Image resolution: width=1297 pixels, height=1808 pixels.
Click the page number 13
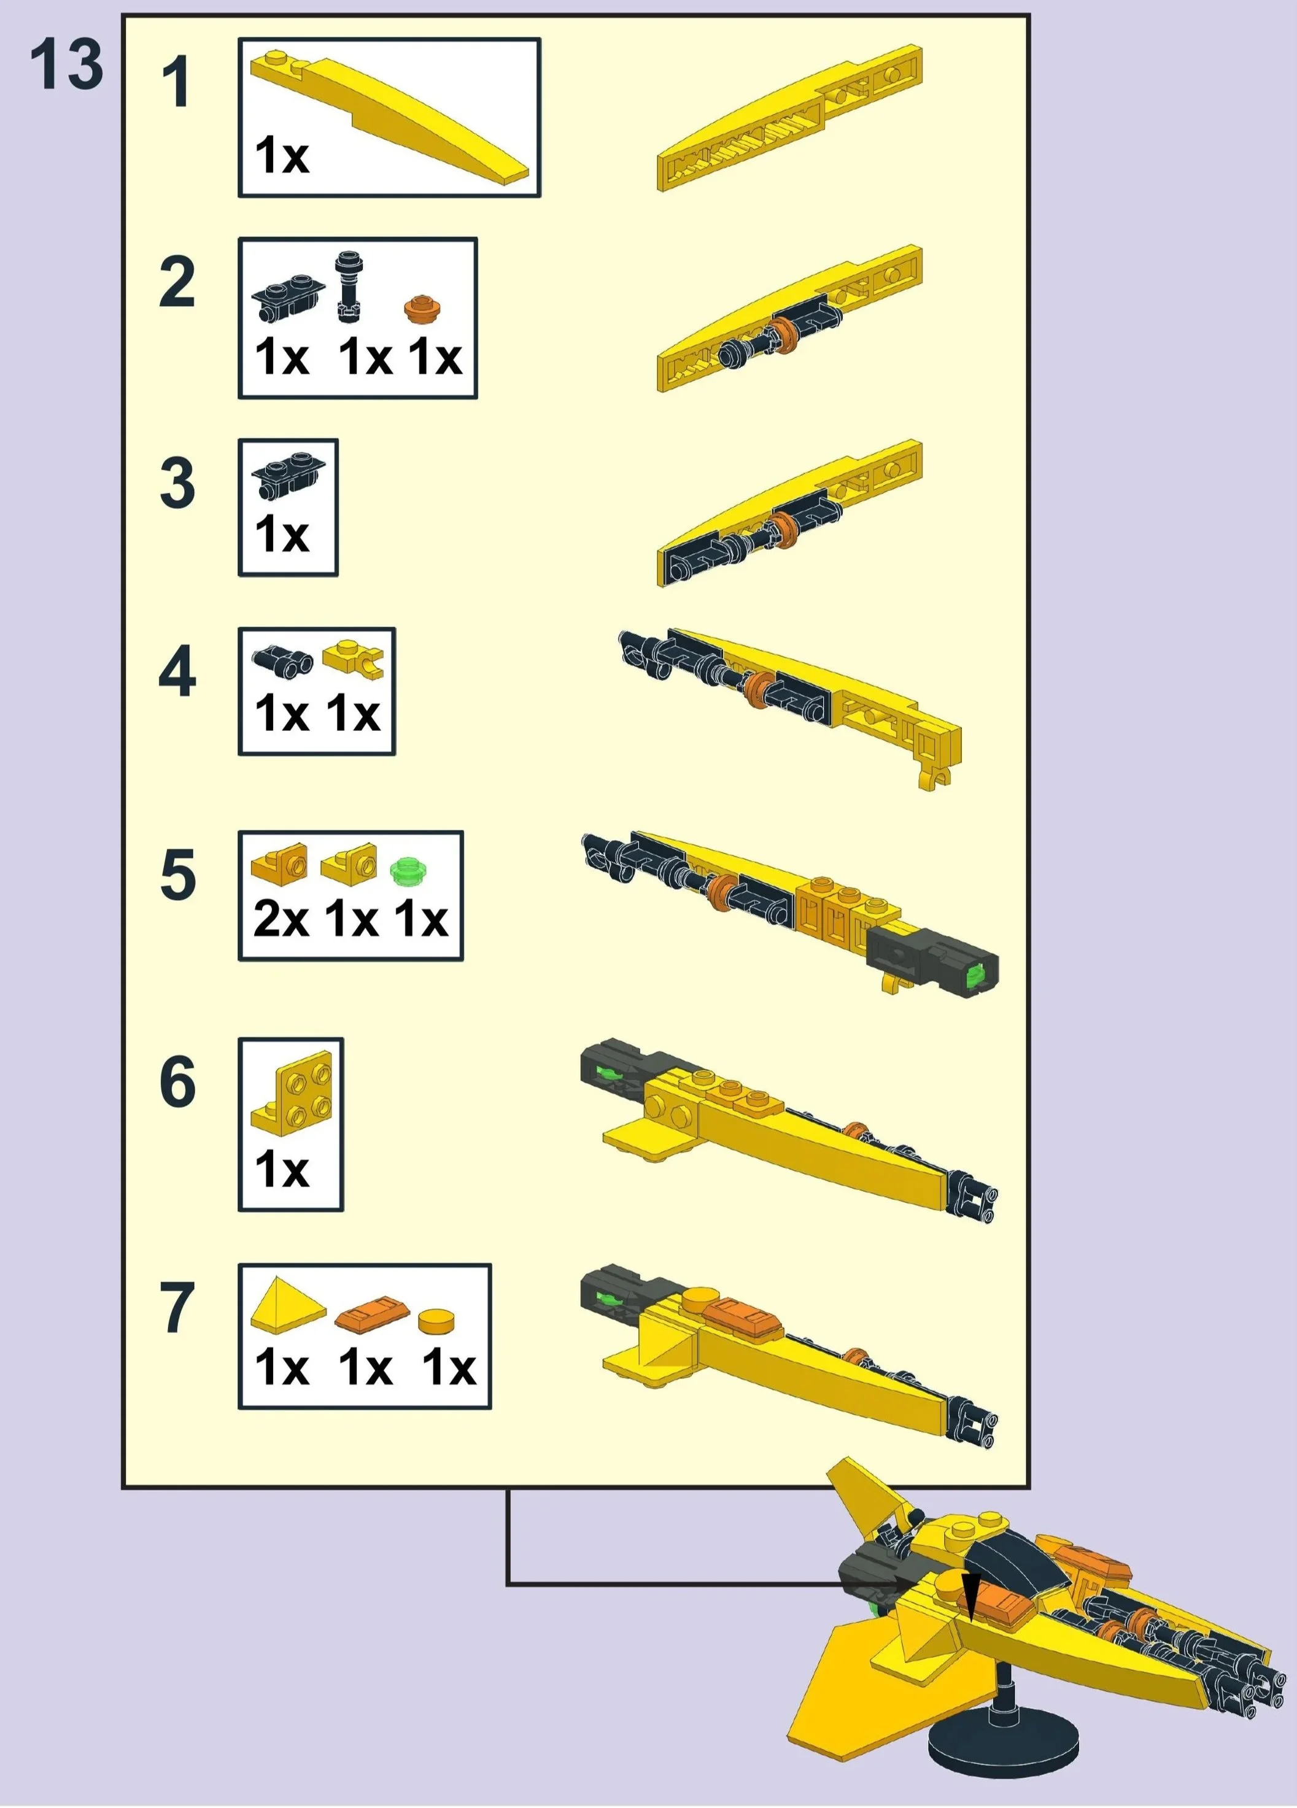67,64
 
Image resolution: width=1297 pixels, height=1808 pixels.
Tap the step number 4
177,672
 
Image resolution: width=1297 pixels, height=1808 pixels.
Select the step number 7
177,1307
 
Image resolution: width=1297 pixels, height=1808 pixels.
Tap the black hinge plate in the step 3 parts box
288,476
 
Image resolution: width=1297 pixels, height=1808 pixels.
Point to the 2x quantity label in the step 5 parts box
281,919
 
